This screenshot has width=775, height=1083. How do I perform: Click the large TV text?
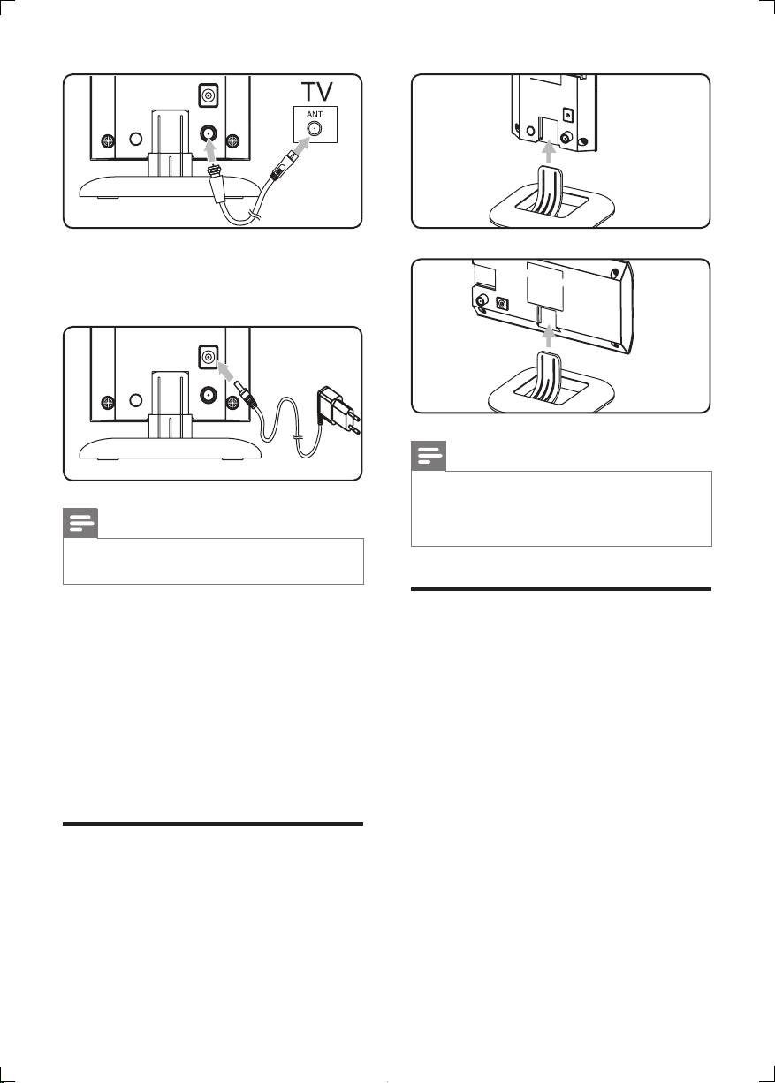pos(317,91)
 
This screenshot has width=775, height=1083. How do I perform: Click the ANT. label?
pos(315,115)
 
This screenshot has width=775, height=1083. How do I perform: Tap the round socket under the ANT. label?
pos(315,129)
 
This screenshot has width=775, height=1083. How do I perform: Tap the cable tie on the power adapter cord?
pos(298,438)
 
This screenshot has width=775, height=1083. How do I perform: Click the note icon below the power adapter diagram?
pos(80,523)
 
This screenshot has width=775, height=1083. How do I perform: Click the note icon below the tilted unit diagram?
pos(429,456)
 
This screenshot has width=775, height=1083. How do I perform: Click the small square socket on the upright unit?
pos(568,115)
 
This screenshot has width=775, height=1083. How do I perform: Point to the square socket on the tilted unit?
pos(503,304)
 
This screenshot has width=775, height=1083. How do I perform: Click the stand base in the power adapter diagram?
pos(171,448)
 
